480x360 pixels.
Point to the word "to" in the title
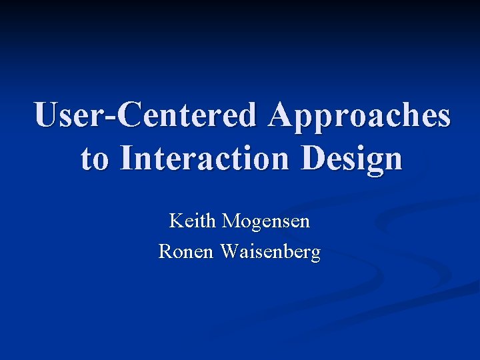pyautogui.click(x=95, y=159)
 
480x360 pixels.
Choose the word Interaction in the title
pyautogui.click(x=203, y=159)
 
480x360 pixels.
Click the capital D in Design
pyautogui.click(x=313, y=159)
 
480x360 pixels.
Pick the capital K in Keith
pyautogui.click(x=177, y=221)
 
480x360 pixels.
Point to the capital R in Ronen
pyautogui.click(x=165, y=252)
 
